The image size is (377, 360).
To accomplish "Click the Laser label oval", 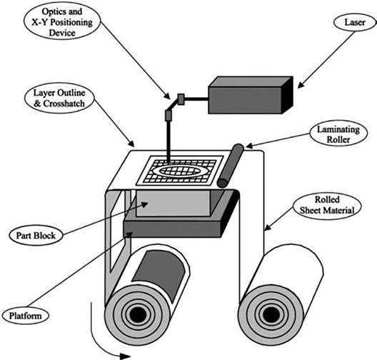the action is pyautogui.click(x=354, y=22).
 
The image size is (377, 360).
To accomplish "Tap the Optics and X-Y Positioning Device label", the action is pyautogui.click(x=62, y=22).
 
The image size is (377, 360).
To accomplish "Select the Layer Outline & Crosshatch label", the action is pyautogui.click(x=59, y=98).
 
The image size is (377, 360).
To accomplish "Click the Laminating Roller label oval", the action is pyautogui.click(x=338, y=134).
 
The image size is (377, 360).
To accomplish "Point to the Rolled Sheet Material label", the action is pyautogui.click(x=327, y=205).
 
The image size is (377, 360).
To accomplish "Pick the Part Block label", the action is pyautogui.click(x=36, y=236).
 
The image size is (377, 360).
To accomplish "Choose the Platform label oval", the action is pyautogui.click(x=25, y=316).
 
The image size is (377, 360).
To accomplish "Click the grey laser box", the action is pyautogui.click(x=251, y=95).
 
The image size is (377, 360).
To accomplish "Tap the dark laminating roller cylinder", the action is pyautogui.click(x=231, y=166).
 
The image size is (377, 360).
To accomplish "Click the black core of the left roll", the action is pyautogui.click(x=137, y=314).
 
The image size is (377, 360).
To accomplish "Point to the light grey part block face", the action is pyautogui.click(x=173, y=204).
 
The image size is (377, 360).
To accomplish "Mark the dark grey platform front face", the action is pyautogui.click(x=172, y=229).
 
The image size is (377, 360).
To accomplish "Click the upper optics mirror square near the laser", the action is pyautogui.click(x=181, y=99).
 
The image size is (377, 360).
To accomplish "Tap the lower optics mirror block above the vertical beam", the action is pyautogui.click(x=168, y=115).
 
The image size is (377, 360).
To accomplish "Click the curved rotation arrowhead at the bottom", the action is pyautogui.click(x=125, y=356).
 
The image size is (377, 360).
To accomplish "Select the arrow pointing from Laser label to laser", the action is pyautogui.click(x=326, y=59).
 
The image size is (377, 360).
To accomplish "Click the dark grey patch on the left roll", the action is pyautogui.click(x=159, y=274).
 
